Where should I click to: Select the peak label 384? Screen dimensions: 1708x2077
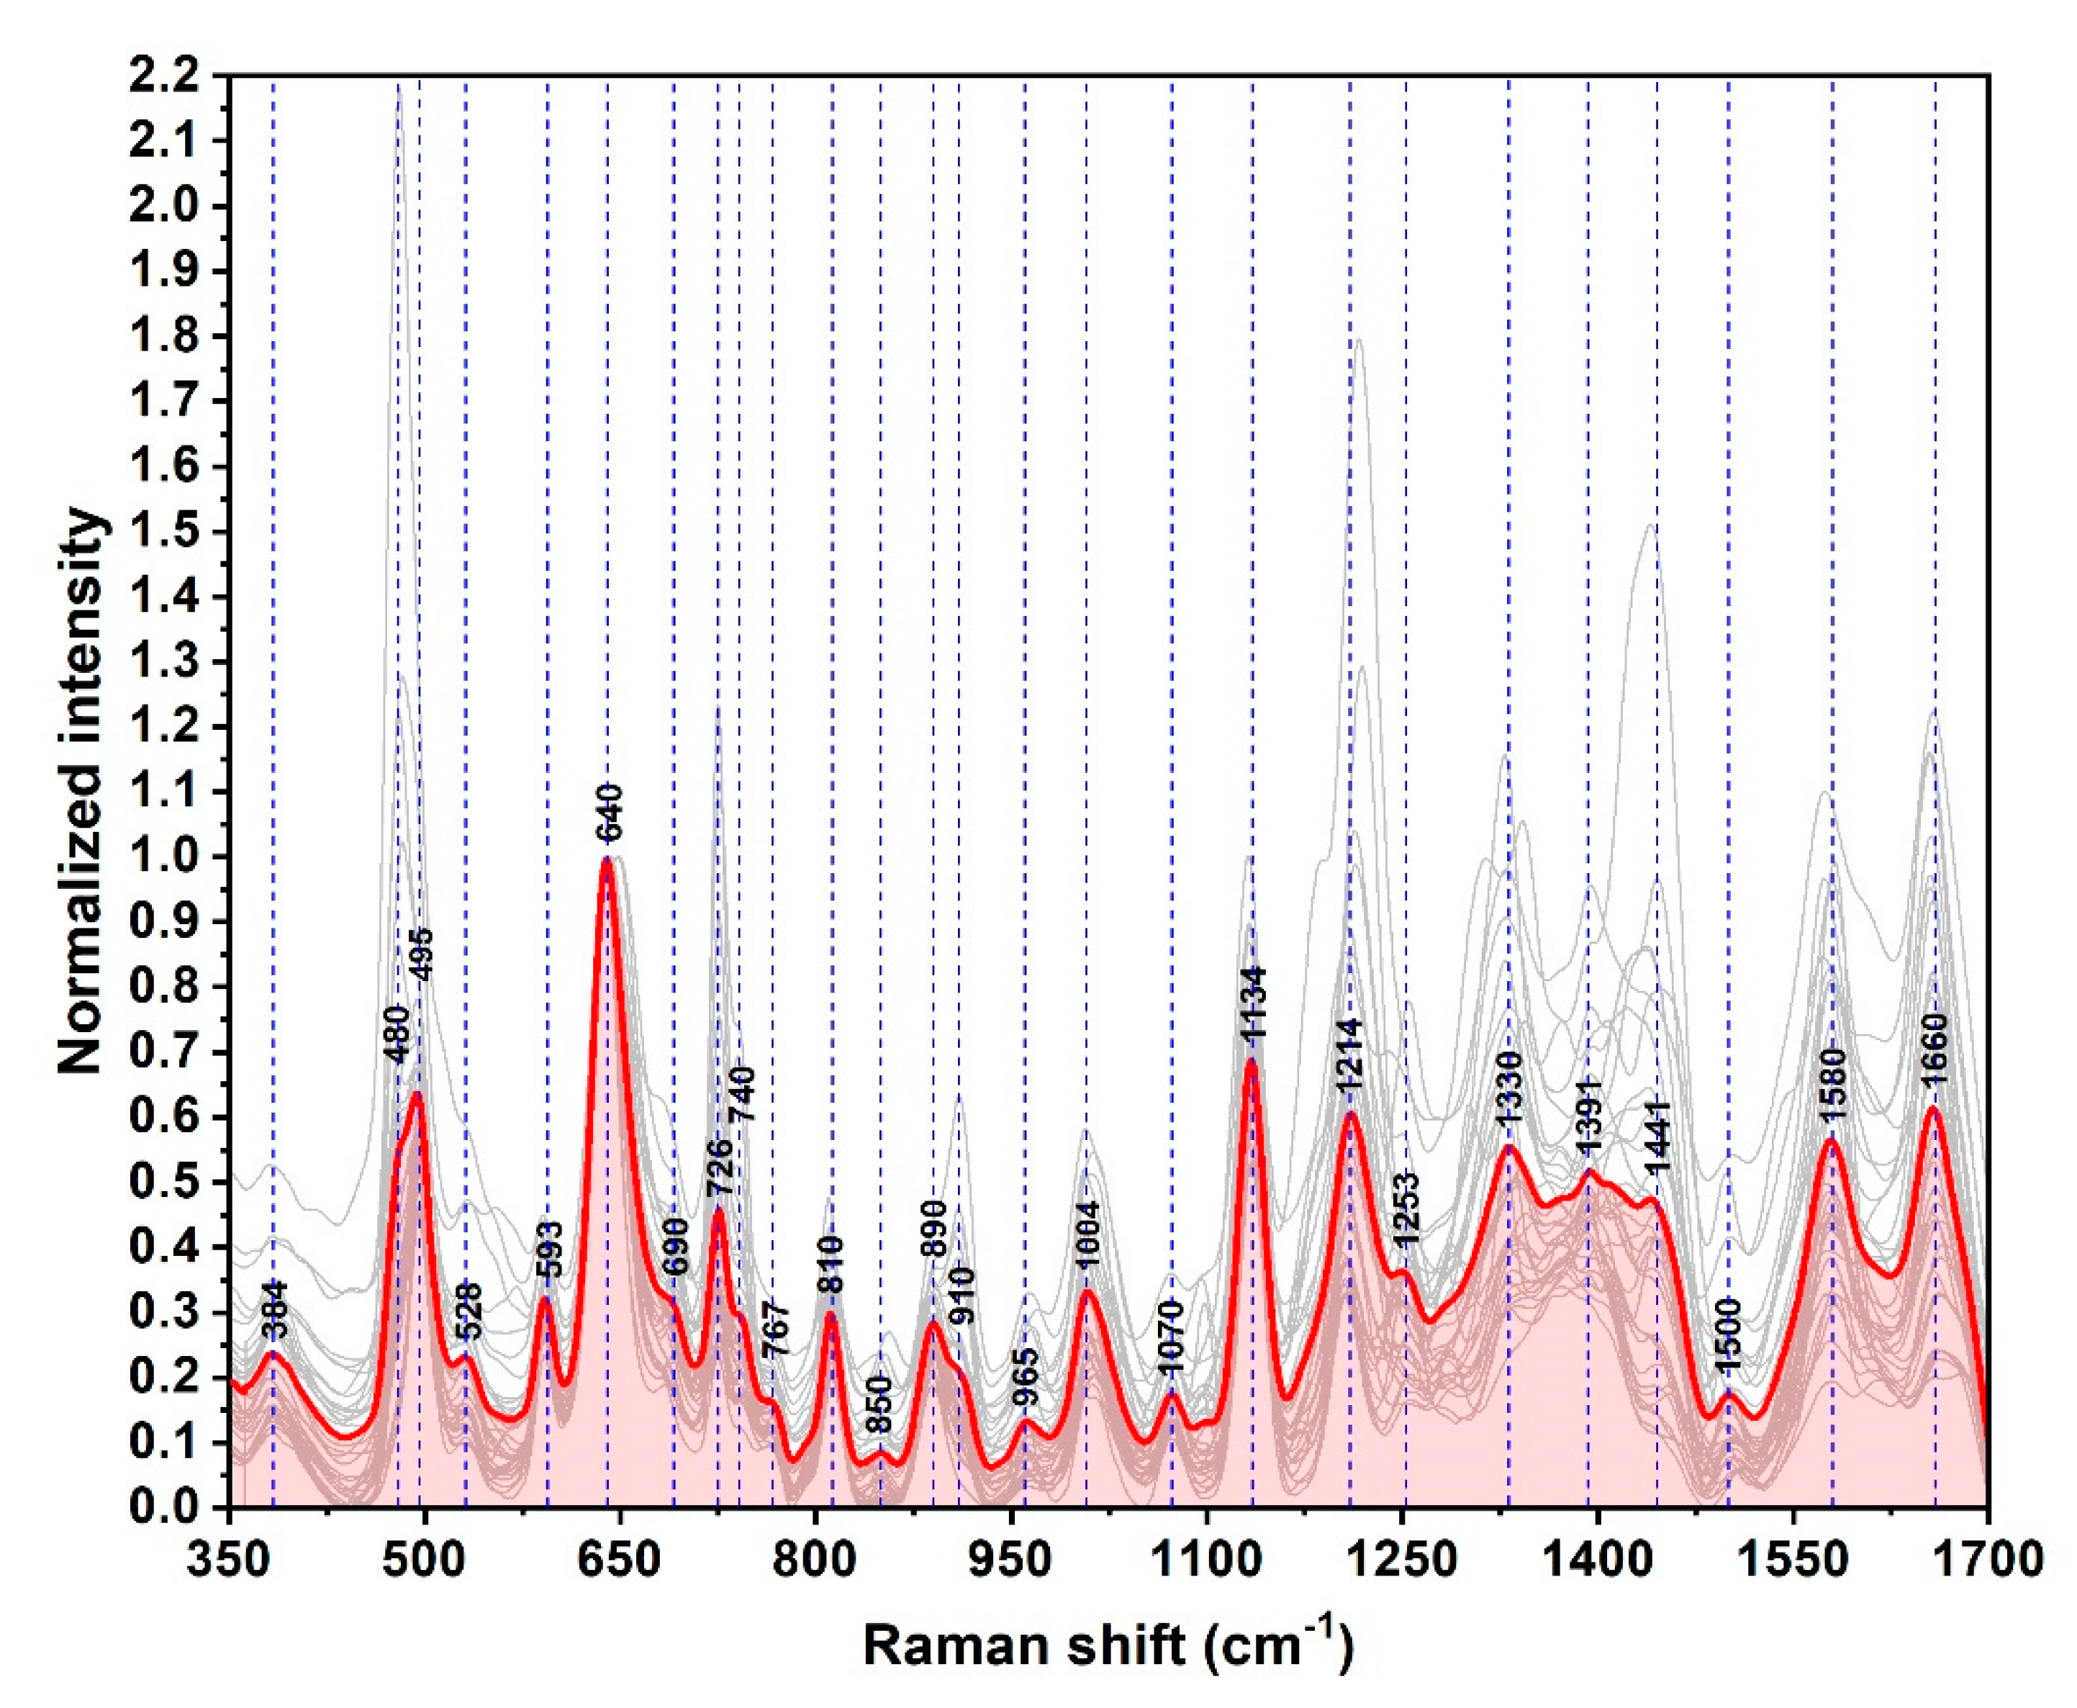(276, 1309)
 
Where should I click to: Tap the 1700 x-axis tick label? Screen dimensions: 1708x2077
(1988, 1560)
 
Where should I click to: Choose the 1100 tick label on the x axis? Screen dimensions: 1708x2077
(1205, 1560)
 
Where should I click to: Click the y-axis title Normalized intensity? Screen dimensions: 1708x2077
(81, 791)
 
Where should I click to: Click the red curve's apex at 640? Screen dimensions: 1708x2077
(607, 859)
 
